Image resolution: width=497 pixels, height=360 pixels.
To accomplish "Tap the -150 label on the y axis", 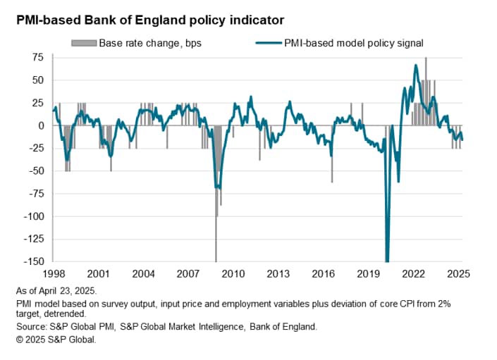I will click(30, 261).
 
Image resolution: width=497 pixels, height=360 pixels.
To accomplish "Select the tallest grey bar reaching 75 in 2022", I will click(426, 92).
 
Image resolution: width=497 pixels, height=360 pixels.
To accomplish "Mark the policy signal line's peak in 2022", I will click(416, 66).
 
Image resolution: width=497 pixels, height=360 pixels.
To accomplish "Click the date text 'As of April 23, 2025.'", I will click(58, 290).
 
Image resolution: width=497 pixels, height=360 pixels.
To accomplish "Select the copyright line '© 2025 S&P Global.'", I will click(55, 339).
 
